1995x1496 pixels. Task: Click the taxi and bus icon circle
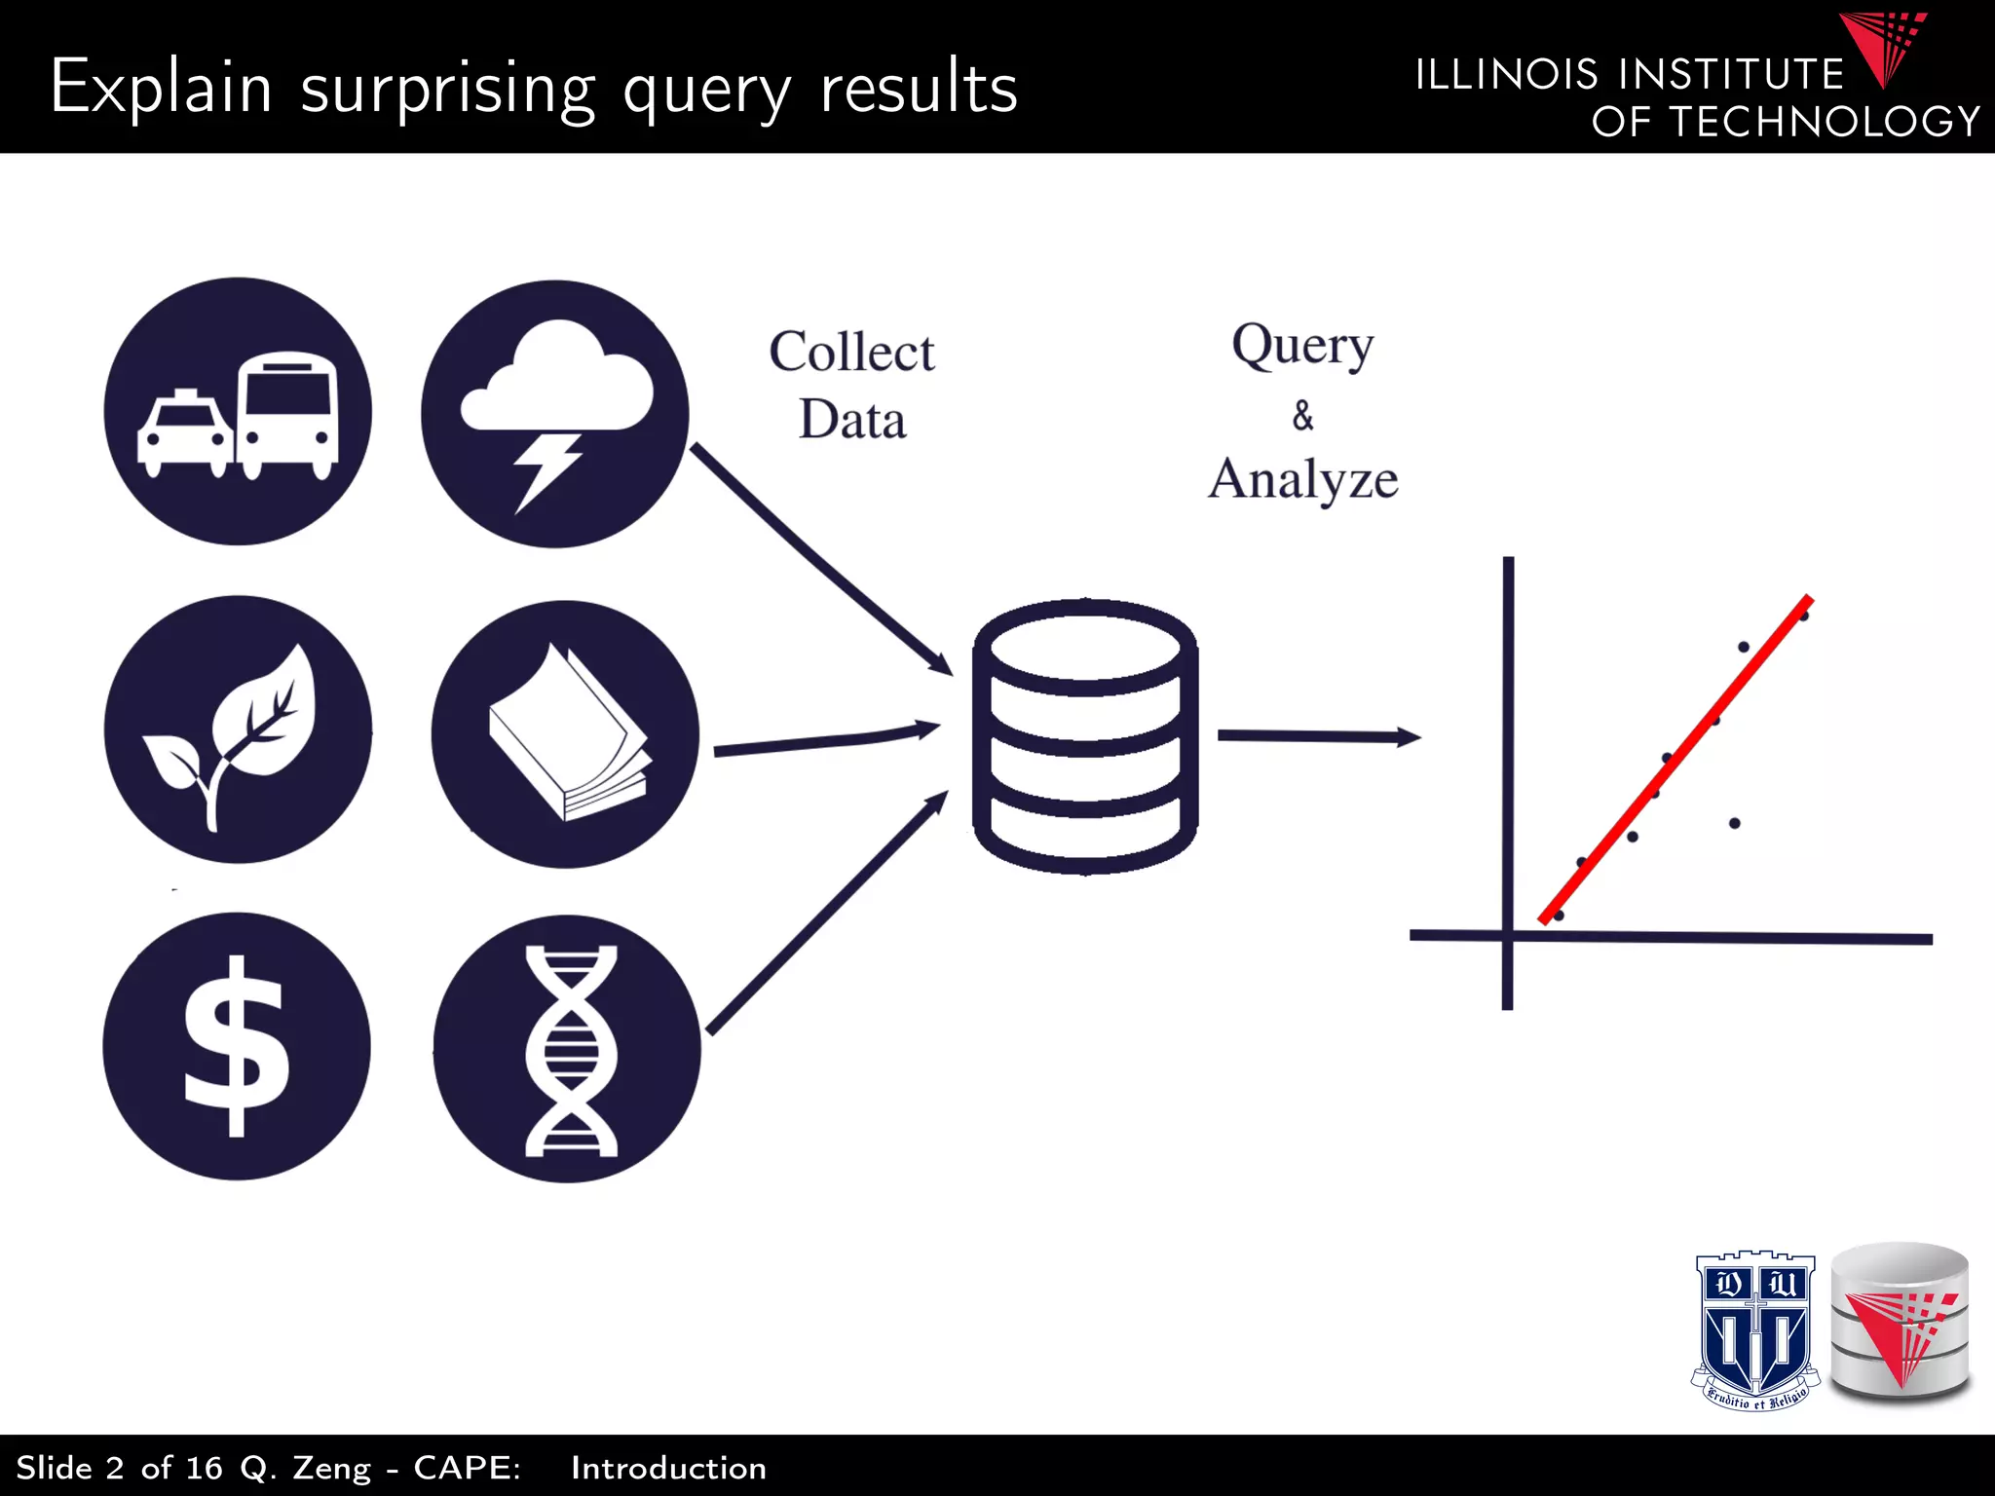pyautogui.click(x=238, y=412)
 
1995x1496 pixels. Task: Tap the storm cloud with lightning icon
pyautogui.click(x=555, y=414)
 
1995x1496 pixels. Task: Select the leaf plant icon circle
pyautogui.click(x=238, y=729)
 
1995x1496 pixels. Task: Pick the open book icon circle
pyautogui.click(x=565, y=734)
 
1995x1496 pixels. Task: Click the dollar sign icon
pyautogui.click(x=237, y=1046)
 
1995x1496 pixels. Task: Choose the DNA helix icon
pyautogui.click(x=568, y=1049)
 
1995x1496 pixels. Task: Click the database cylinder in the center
pyautogui.click(x=1085, y=737)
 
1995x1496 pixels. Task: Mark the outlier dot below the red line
pyautogui.click(x=1735, y=823)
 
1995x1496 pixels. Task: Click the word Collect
pyautogui.click(x=851, y=352)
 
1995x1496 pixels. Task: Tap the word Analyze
pyautogui.click(x=1303, y=479)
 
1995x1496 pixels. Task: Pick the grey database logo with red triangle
pyautogui.click(x=1901, y=1321)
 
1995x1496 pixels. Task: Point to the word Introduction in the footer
pyautogui.click(x=668, y=1468)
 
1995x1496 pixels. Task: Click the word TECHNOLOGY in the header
pyautogui.click(x=1825, y=122)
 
